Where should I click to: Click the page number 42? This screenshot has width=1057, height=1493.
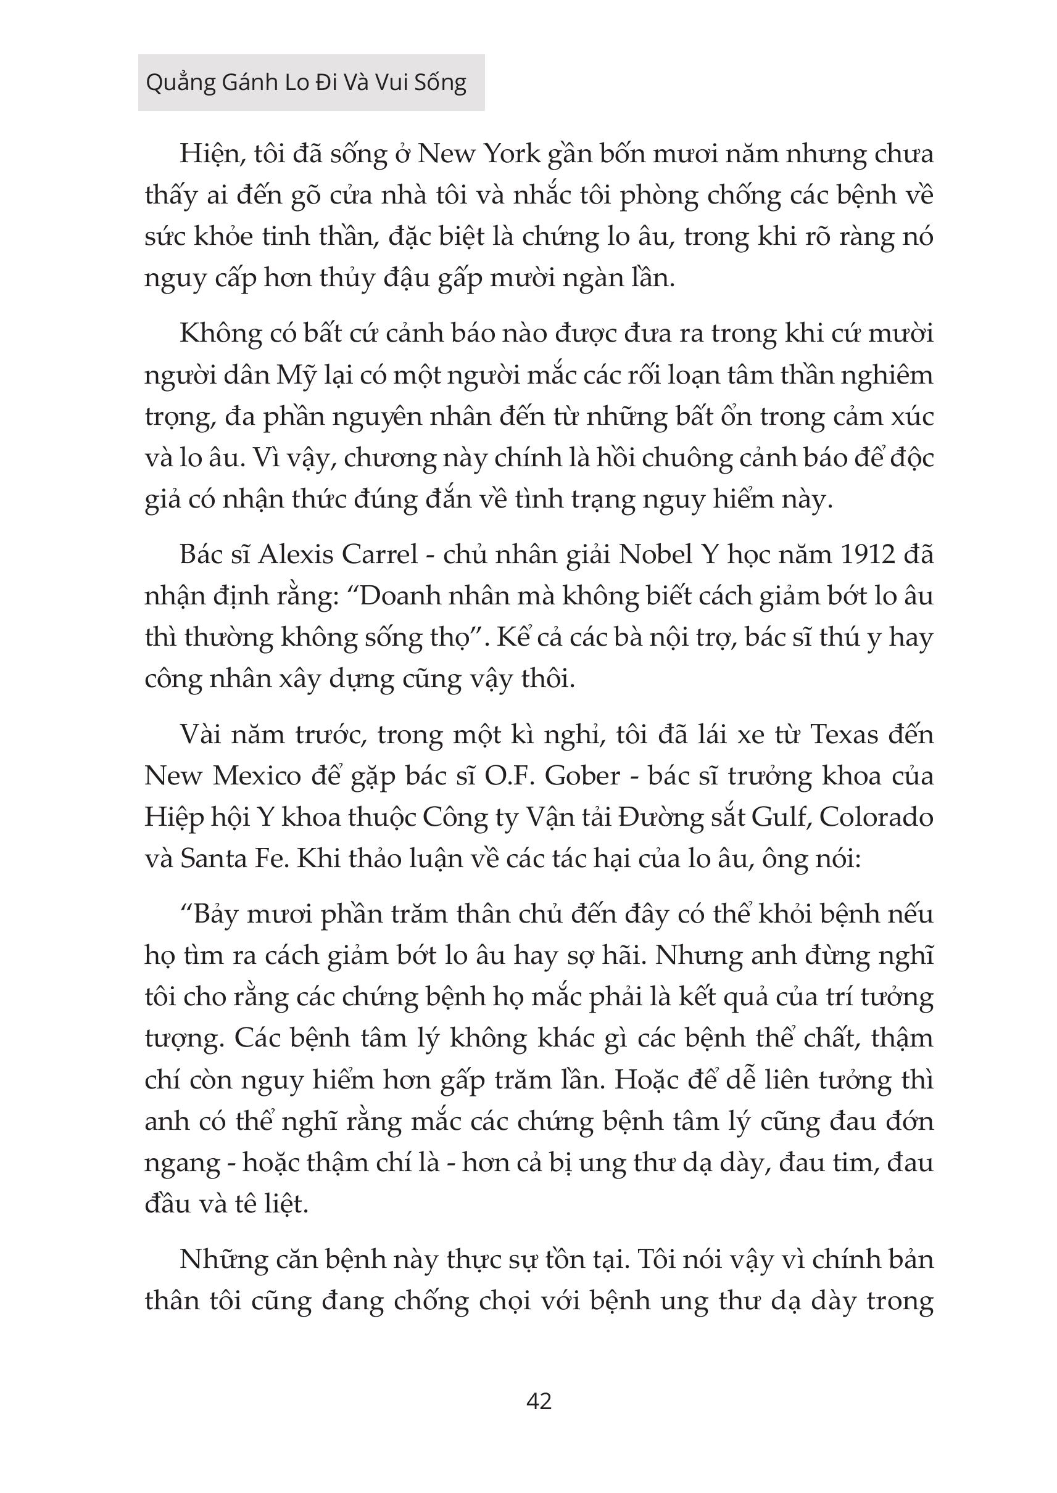[x=538, y=1400]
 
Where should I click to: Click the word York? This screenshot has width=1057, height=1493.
[x=508, y=154]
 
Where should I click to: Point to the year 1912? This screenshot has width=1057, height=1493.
[x=870, y=555]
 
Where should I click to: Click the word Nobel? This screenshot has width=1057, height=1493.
[x=653, y=555]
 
